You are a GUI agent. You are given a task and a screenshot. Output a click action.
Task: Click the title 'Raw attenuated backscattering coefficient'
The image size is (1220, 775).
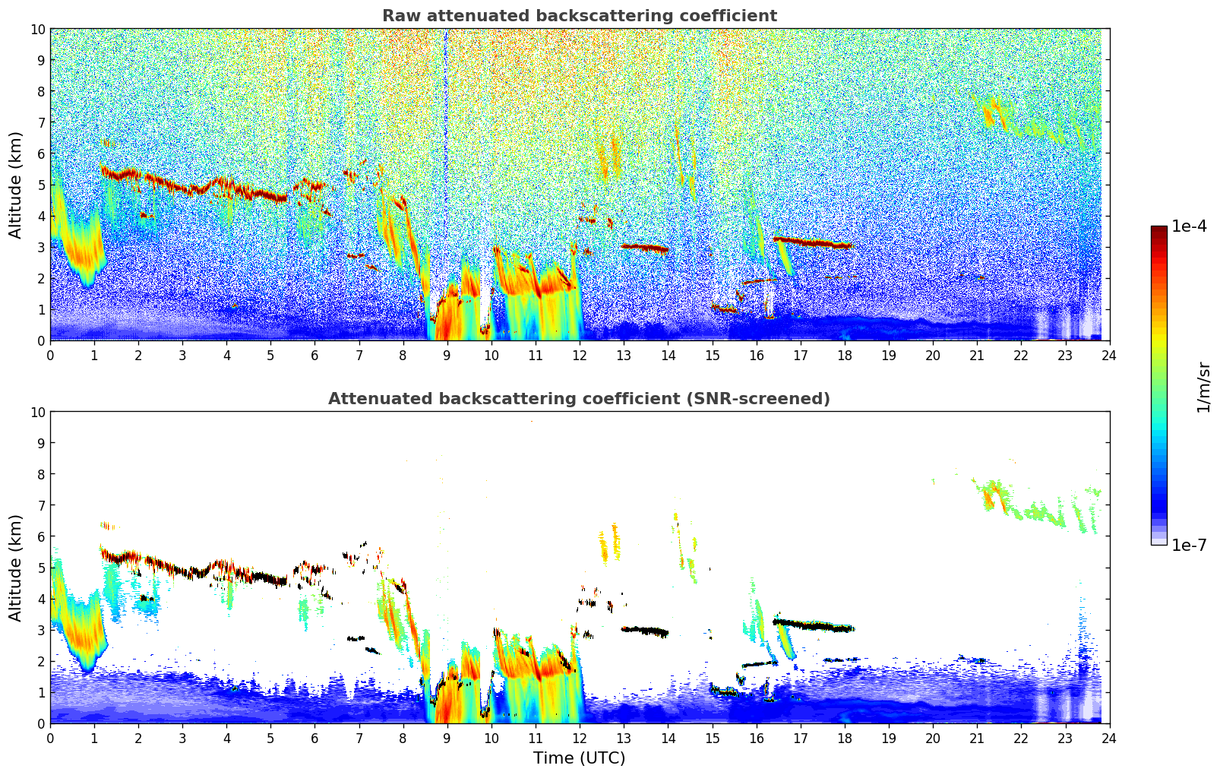coord(579,16)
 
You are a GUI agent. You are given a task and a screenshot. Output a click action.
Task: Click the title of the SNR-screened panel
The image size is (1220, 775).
coord(579,399)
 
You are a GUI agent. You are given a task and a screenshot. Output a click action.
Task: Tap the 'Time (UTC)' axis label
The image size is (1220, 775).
coord(579,758)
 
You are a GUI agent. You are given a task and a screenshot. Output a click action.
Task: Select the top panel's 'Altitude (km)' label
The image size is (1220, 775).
coord(16,185)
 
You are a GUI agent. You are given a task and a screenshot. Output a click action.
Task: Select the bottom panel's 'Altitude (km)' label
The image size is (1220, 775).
coord(16,568)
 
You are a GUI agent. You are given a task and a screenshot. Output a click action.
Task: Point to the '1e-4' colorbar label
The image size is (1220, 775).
coord(1189,226)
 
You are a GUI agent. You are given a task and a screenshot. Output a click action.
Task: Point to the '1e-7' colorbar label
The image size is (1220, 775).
coord(1189,545)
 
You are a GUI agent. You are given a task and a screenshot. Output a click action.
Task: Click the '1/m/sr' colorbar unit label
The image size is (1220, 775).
coord(1203,386)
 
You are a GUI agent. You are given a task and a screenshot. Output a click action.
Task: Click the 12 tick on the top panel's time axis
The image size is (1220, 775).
coord(580,355)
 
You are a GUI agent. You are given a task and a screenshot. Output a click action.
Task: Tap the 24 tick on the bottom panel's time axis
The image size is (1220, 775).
coord(1109,738)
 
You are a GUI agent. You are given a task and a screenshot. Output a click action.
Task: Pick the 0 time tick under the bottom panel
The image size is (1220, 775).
coord(51,738)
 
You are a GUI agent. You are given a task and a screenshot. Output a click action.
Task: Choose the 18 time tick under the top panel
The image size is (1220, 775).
coord(845,355)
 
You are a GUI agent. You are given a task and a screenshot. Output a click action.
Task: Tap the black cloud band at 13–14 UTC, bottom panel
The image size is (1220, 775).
coord(644,631)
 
